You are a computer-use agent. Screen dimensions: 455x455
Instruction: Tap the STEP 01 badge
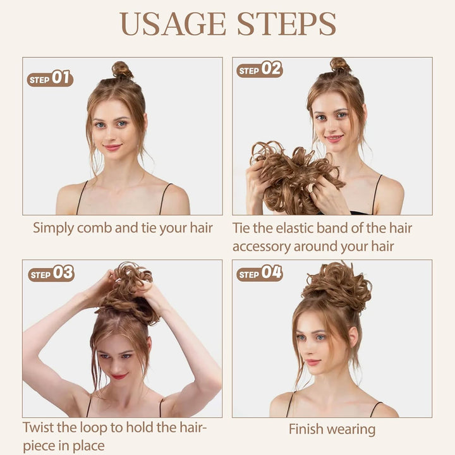click(50, 78)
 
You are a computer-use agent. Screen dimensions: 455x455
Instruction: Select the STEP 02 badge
click(259, 70)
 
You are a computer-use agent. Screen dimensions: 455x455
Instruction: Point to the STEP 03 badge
click(51, 274)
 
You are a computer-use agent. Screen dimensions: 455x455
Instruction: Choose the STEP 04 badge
click(259, 274)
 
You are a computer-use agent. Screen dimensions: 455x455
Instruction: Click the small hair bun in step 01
click(122, 70)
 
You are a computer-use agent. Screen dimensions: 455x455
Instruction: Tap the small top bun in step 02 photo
click(340, 65)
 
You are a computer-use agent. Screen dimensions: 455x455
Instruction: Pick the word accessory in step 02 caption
click(267, 246)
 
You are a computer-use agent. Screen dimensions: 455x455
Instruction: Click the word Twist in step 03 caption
click(40, 427)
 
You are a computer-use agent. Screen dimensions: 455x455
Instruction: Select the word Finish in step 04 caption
click(308, 430)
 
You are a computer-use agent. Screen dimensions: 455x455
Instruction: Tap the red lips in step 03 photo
click(119, 376)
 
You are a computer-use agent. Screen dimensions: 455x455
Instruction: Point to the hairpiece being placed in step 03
click(126, 291)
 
